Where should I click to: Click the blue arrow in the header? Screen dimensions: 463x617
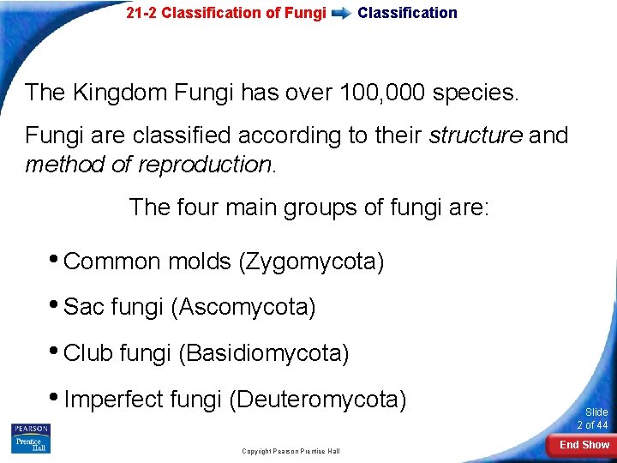pyautogui.click(x=341, y=13)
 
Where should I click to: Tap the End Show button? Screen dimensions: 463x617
pyautogui.click(x=584, y=445)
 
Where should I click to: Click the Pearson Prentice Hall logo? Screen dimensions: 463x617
pyautogui.click(x=31, y=438)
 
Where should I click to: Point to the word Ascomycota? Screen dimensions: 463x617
pyautogui.click(x=244, y=307)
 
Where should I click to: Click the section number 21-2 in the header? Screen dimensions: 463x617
pyautogui.click(x=141, y=13)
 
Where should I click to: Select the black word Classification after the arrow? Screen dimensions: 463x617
pyautogui.click(x=407, y=13)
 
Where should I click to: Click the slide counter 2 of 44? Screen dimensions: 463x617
pyautogui.click(x=592, y=425)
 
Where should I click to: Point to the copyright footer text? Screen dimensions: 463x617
pyautogui.click(x=291, y=451)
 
